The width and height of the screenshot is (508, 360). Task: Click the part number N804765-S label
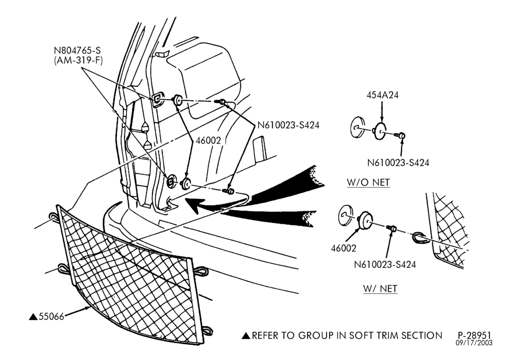click(77, 50)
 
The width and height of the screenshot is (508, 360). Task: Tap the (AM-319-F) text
click(78, 61)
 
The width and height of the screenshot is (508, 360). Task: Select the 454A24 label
click(383, 95)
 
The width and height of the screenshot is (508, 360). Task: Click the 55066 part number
click(51, 316)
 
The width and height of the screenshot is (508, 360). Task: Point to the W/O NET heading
click(368, 182)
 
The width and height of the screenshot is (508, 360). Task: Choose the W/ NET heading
click(380, 288)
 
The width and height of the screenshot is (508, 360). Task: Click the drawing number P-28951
click(474, 335)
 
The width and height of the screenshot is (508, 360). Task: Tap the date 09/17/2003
click(474, 343)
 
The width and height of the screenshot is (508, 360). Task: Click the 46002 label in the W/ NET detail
click(343, 248)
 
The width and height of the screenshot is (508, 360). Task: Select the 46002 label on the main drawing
click(208, 140)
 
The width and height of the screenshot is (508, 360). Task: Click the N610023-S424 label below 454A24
click(398, 163)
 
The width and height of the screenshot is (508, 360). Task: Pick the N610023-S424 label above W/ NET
click(385, 264)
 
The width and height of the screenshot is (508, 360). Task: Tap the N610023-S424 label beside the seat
click(289, 125)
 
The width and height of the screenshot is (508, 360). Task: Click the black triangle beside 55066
click(33, 317)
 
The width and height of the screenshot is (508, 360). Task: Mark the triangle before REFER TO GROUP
click(246, 336)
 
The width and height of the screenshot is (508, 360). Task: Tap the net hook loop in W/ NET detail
click(419, 238)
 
